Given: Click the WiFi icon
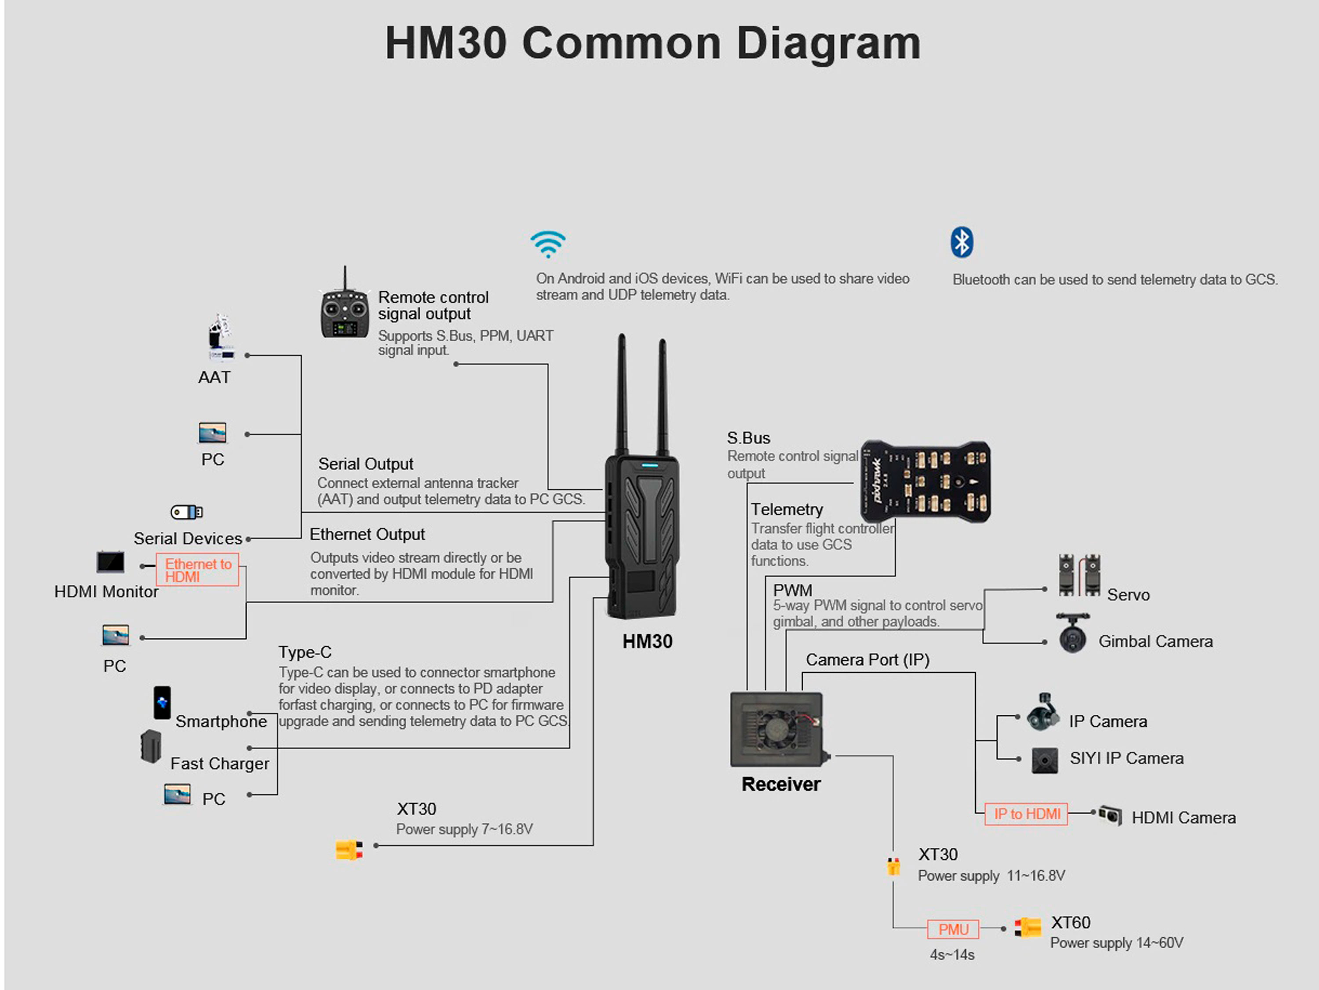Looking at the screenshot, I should (x=548, y=244).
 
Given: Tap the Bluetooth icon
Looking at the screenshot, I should (x=961, y=242).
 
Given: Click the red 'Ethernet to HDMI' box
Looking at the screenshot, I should (x=197, y=570).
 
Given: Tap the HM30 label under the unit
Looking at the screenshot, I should (x=647, y=642).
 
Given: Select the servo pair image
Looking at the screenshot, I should (x=1079, y=575).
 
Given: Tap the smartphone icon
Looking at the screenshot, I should (x=162, y=702).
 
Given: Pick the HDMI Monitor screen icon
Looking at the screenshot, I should (x=111, y=562).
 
